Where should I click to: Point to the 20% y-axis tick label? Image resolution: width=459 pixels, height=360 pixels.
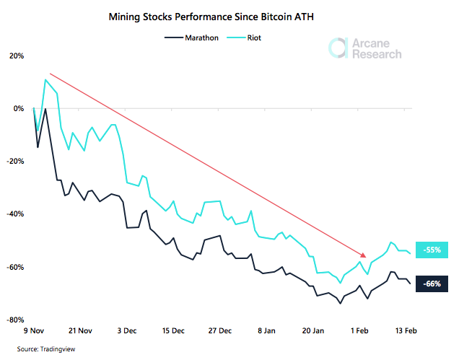point(17,56)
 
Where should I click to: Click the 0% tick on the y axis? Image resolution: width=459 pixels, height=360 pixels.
point(19,109)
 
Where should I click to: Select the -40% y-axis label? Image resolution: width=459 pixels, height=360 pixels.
point(16,214)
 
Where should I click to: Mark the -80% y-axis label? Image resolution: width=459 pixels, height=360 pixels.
point(16,320)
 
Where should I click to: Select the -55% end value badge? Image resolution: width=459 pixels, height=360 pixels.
point(432,250)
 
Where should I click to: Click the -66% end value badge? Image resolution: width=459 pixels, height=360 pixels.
point(432,283)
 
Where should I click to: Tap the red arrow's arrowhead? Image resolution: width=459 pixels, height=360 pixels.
point(363,255)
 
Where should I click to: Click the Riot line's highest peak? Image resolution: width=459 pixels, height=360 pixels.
point(45,79)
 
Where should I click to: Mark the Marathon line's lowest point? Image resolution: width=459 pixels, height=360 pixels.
point(341,303)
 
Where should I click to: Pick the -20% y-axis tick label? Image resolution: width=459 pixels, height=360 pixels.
point(16,162)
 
